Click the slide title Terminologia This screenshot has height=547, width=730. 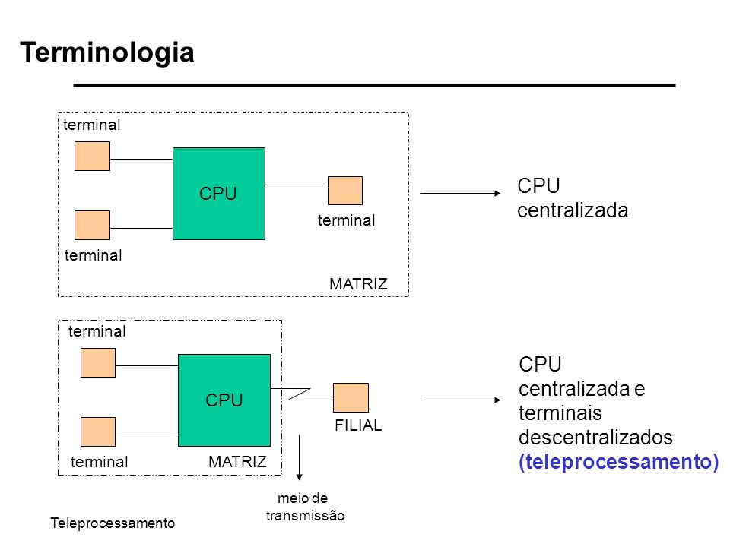[x=107, y=52]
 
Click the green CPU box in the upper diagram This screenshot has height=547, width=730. [x=219, y=194]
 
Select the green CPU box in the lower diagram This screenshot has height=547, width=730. [x=224, y=400]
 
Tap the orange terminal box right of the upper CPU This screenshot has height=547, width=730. [x=345, y=191]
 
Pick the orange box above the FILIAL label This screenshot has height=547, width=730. [x=351, y=397]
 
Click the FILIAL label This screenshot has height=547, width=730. [x=358, y=425]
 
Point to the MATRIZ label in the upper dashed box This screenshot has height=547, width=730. [x=358, y=283]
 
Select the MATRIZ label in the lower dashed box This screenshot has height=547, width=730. [x=237, y=462]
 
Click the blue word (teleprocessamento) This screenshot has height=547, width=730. [x=619, y=462]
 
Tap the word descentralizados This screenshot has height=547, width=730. [x=595, y=438]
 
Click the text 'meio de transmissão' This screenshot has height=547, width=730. [x=305, y=507]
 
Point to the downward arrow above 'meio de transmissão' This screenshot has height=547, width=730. [x=299, y=457]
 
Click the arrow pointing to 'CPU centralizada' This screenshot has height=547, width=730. [x=460, y=193]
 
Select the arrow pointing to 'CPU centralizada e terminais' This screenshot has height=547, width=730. [x=460, y=400]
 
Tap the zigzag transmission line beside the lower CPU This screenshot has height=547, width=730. [x=299, y=394]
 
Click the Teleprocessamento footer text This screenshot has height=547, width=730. [x=113, y=523]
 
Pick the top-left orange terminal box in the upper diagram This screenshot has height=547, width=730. [x=92, y=157]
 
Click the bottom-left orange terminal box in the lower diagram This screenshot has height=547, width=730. [x=98, y=432]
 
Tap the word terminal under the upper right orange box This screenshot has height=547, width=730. [x=347, y=220]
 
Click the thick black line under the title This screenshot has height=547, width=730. [x=374, y=86]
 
